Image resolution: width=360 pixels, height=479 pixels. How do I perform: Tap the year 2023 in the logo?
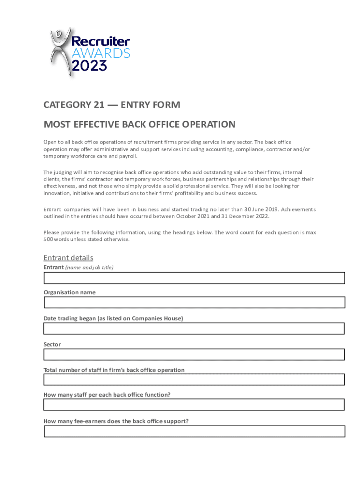pyautogui.click(x=89, y=65)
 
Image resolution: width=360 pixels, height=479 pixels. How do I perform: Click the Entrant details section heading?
pyautogui.click(x=68, y=258)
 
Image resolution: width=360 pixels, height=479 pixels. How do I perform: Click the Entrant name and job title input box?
pyautogui.click(x=194, y=278)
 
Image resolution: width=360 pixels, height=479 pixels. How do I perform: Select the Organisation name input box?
pyautogui.click(x=194, y=302)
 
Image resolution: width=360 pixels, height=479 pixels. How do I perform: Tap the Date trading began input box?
pyautogui.click(x=194, y=328)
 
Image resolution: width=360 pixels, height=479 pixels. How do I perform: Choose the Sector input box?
pyautogui.click(x=194, y=354)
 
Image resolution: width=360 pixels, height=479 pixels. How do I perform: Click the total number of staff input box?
pyautogui.click(x=194, y=379)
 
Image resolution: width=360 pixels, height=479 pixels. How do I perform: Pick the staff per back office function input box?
pyautogui.click(x=194, y=405)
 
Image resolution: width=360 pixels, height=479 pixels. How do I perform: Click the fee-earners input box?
pyautogui.click(x=194, y=431)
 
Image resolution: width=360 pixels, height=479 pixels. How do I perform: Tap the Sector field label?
pyautogui.click(x=52, y=344)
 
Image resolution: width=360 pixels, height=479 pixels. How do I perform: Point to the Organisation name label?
pyautogui.click(x=69, y=292)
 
